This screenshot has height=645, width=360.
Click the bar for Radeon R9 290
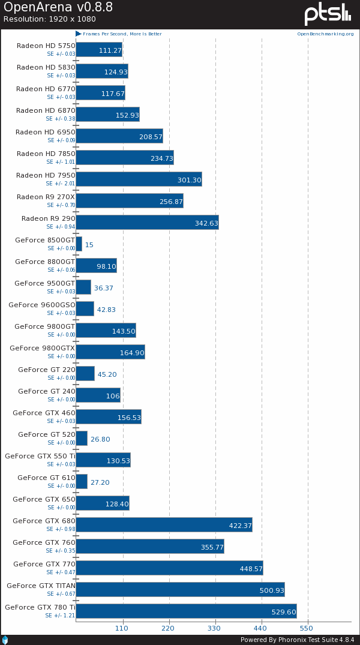147,223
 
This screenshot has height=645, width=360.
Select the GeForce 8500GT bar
79,244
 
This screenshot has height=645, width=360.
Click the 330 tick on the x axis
214,628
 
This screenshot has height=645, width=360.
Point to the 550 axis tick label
306,628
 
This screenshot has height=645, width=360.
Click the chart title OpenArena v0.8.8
58,8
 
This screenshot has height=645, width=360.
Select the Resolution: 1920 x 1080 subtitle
49,19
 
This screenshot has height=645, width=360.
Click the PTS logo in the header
328,14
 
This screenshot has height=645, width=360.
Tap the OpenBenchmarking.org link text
325,34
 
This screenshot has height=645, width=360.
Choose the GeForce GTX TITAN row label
41,586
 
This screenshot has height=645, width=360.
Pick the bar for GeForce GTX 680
164,525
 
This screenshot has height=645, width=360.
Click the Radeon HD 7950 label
46,175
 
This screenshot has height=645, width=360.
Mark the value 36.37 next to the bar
104,288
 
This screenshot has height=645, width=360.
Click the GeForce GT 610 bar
82,482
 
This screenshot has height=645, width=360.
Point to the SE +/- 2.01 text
61,184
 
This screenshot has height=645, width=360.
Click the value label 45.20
107,374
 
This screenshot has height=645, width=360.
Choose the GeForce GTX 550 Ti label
40,456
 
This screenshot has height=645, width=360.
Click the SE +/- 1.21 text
60,616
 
